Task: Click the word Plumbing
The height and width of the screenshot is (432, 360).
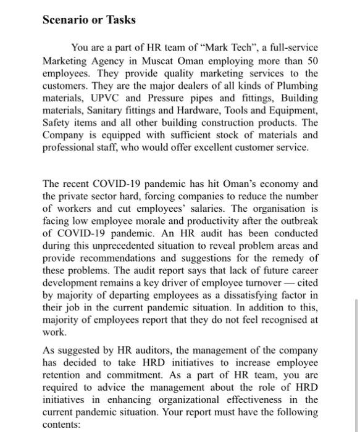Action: pyautogui.click(x=296, y=85)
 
